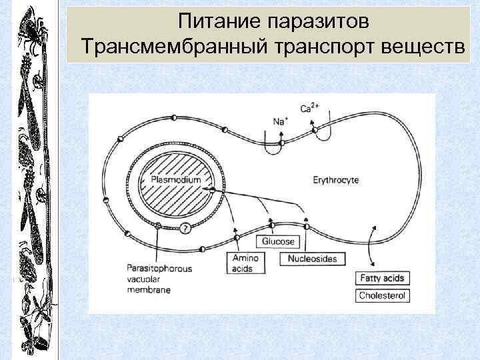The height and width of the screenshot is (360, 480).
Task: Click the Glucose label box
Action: [278, 241]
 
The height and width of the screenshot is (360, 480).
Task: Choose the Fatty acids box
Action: [382, 278]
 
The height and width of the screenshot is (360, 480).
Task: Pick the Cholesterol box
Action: [382, 295]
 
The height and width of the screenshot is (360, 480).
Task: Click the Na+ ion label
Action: [280, 121]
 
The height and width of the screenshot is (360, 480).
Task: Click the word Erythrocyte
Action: [335, 179]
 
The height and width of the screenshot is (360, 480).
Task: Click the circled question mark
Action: [185, 229]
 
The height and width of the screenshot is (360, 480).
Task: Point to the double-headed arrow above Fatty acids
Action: [372, 246]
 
